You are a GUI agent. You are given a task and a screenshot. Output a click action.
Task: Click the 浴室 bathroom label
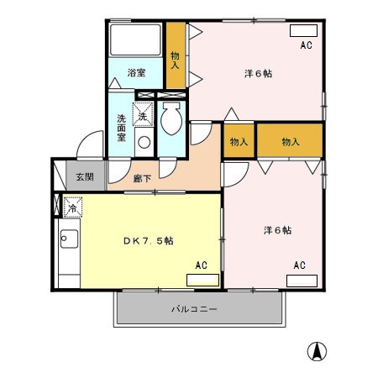pyautogui.click(x=136, y=73)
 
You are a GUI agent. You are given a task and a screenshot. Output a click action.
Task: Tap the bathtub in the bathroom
pyautogui.click(x=136, y=39)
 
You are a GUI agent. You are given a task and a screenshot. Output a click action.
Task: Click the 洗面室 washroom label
pyautogui.click(x=123, y=126)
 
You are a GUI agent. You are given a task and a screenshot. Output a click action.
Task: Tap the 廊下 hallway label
pyautogui.click(x=142, y=178)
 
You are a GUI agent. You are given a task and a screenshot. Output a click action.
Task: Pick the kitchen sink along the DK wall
pyautogui.click(x=67, y=240)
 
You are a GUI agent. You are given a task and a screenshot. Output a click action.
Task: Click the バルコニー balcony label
pyautogui.click(x=195, y=309)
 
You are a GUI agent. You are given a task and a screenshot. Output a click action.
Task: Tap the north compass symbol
pyautogui.click(x=318, y=351)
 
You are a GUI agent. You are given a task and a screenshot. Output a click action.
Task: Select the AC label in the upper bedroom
pyautogui.click(x=306, y=45)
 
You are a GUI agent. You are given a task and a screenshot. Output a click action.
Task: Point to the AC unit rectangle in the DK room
pyautogui.click(x=202, y=279)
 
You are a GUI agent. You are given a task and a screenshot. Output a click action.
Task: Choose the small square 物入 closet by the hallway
pyautogui.click(x=239, y=141)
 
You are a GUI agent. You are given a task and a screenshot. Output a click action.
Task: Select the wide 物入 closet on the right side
pyautogui.click(x=291, y=141)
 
